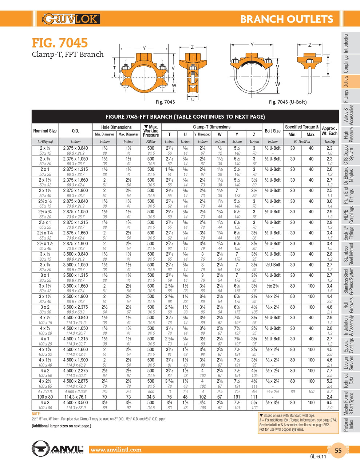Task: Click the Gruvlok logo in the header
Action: [71, 19]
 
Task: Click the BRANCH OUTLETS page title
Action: [286, 19]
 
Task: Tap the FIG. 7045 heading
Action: [60, 43]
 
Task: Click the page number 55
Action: [338, 450]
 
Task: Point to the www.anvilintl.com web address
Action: [116, 450]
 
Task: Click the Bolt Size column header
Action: [272, 131]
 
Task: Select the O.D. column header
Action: [75, 131]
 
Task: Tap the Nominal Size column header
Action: [45, 131]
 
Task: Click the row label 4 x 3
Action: [45, 403]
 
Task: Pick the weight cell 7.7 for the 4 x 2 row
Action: [329, 371]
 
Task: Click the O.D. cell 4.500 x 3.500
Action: [75, 403]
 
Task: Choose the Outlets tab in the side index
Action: [346, 81]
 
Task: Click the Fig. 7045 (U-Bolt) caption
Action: [288, 102]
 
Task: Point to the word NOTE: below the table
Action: [36, 414]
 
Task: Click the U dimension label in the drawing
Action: [193, 99]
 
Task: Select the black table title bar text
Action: [185, 117]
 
